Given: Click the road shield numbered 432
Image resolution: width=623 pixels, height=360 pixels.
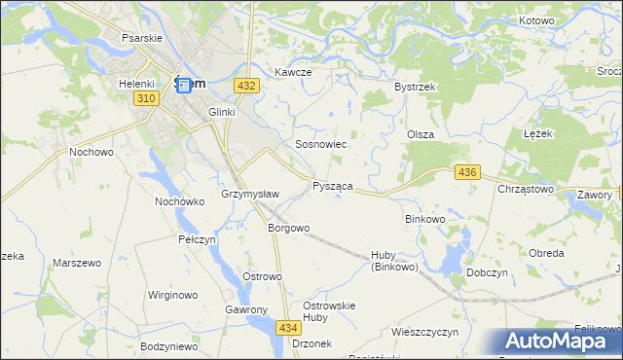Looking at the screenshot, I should pyautogui.click(x=246, y=86).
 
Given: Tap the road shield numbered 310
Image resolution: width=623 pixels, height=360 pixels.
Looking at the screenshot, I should pyautogui.click(x=146, y=99).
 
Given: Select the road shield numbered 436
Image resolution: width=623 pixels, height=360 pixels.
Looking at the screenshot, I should pyautogui.click(x=467, y=172).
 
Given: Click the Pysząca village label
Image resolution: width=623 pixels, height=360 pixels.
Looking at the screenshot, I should pyautogui.click(x=332, y=185).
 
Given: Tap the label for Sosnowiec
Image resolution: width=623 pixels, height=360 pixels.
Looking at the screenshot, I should pyautogui.click(x=321, y=144).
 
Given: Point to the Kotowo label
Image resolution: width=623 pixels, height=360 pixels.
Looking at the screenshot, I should pyautogui.click(x=536, y=20).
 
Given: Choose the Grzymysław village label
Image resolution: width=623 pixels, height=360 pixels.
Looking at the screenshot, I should pyautogui.click(x=251, y=194).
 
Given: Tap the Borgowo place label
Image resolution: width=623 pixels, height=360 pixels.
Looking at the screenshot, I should pyautogui.click(x=288, y=229).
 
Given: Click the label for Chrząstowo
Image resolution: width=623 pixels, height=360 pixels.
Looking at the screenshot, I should pyautogui.click(x=526, y=189).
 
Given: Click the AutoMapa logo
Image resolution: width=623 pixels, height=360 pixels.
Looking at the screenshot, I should pyautogui.click(x=558, y=342).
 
